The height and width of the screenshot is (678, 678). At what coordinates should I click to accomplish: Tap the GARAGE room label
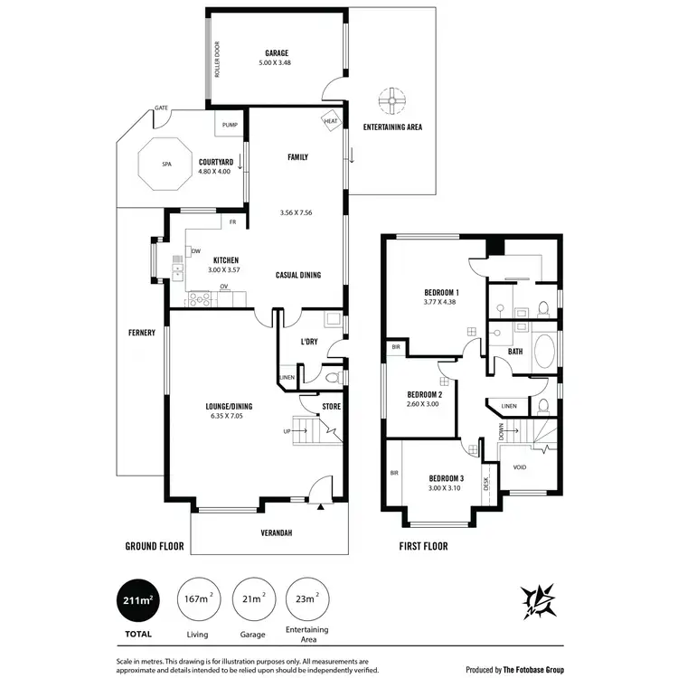point(277,53)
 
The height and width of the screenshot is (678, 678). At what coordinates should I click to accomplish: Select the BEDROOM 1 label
point(442,293)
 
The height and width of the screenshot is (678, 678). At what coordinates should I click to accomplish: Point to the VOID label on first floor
point(520,467)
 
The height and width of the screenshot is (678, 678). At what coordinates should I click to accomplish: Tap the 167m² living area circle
point(197,599)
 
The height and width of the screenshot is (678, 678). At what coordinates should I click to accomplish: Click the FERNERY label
point(142,333)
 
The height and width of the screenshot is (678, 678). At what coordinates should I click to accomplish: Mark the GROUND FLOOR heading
point(154,546)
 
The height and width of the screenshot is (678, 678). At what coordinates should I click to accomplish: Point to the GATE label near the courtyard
point(162,108)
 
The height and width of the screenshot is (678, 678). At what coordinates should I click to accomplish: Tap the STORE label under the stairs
point(332,407)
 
